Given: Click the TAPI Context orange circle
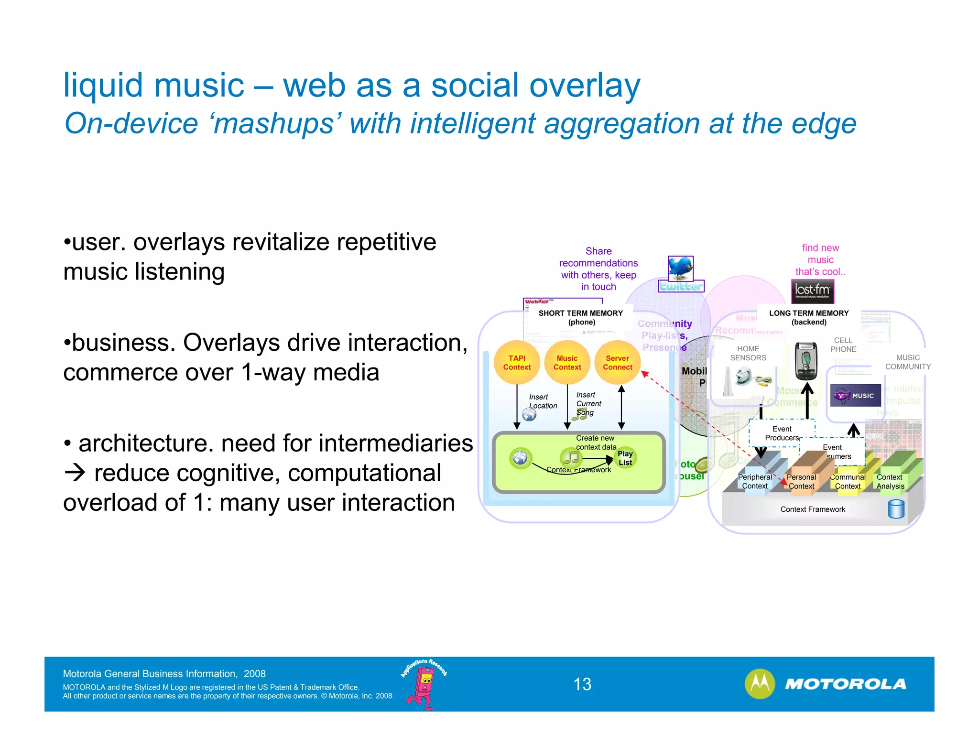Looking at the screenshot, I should coord(517,363).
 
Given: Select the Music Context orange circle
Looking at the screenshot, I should coord(567,363).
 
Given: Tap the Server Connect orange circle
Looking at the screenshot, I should coord(618,363).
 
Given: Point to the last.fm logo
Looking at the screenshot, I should coord(813,291).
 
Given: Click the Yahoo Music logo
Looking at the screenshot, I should coord(855,395).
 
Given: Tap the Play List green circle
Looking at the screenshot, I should coord(625,458).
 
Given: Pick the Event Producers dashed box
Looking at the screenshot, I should coord(782,433).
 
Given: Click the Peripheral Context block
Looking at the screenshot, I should coord(755,481).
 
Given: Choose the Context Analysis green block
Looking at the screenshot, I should coord(891,481).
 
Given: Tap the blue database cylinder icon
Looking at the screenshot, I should coord(896,509).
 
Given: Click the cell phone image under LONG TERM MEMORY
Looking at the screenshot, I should coord(806,361).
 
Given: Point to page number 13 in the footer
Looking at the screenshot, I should coord(582,684).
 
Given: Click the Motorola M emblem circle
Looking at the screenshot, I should coord(760,684).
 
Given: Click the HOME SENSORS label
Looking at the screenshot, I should coord(748,353).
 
